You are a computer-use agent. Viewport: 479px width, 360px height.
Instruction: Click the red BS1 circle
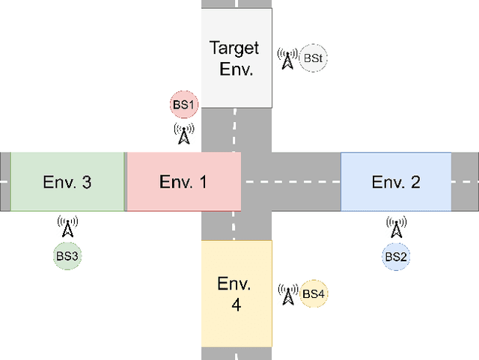coord(184,106)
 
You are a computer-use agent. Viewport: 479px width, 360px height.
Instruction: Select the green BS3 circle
coord(67,256)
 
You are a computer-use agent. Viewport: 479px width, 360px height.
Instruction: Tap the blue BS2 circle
coord(396,256)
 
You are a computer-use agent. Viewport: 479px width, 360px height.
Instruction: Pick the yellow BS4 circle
coord(314,293)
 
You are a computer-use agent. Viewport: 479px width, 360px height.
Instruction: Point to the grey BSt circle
coord(314,57)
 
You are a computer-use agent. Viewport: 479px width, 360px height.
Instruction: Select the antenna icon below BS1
coord(184,134)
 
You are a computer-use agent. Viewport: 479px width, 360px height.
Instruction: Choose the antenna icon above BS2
coord(396,225)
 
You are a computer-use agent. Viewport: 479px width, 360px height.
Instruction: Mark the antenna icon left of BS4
coord(287,294)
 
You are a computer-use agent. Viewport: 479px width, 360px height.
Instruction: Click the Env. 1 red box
coord(183,181)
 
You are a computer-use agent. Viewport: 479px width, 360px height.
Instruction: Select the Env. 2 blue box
coord(396,181)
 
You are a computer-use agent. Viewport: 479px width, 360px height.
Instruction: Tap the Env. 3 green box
coord(67,181)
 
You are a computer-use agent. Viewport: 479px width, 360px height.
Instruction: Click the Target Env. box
coord(237,58)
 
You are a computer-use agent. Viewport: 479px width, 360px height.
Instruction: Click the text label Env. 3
coord(67,182)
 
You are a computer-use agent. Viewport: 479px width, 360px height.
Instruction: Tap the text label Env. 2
coord(396,182)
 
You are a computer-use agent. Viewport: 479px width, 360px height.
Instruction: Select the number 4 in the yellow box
coord(237,305)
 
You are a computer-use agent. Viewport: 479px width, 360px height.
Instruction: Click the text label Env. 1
coord(183,182)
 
